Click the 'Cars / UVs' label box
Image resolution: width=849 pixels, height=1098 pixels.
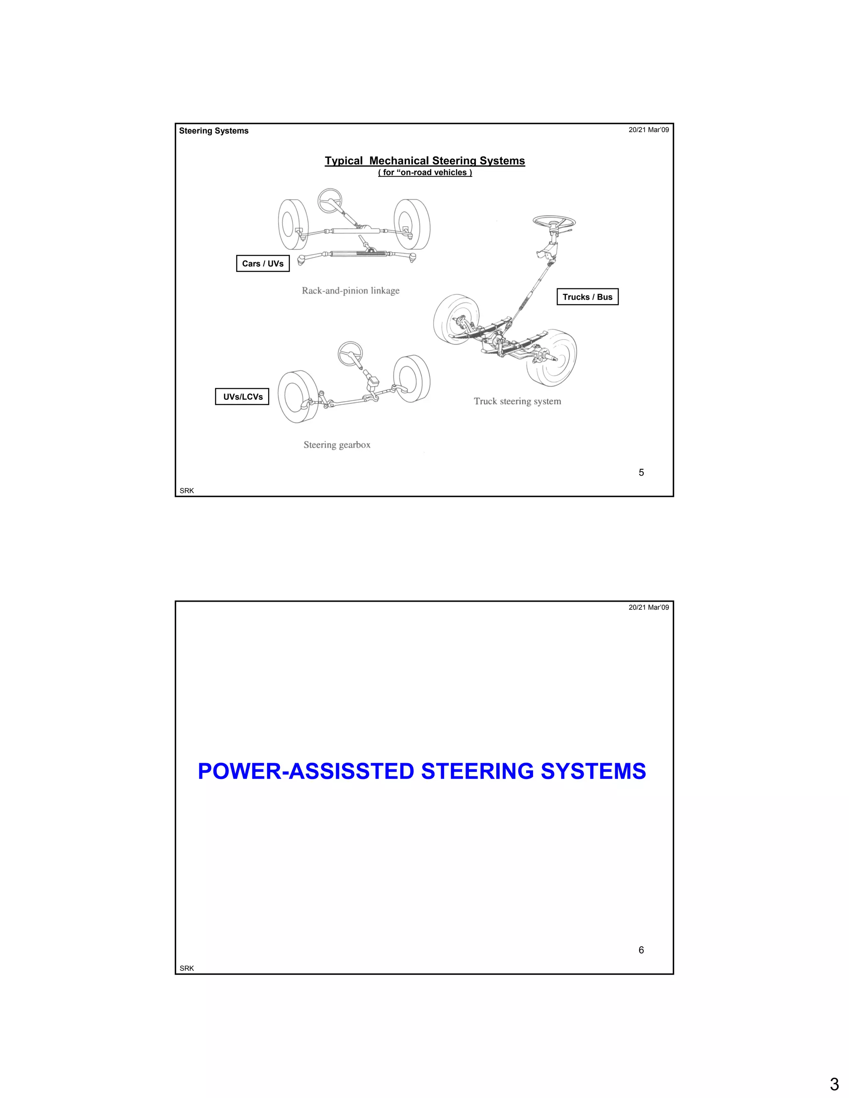262,264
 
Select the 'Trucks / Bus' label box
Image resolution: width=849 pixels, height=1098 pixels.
587,297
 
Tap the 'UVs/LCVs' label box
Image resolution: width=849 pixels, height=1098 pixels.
243,397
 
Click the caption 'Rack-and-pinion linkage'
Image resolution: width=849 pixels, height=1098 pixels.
351,290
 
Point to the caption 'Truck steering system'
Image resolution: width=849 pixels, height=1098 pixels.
517,401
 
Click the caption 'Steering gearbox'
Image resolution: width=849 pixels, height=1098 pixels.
337,445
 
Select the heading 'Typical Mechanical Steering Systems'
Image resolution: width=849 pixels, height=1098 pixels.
424,161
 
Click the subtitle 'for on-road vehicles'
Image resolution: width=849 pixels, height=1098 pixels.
424,172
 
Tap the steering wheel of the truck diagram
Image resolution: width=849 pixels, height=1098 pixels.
554,221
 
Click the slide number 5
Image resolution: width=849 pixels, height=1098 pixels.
641,473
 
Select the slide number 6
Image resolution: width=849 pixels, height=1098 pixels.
641,950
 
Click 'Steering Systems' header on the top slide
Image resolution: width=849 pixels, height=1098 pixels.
214,131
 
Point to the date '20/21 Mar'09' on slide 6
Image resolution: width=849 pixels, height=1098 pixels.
648,607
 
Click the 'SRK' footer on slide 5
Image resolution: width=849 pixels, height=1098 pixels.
187,491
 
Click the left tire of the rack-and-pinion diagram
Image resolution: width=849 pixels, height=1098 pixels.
293,224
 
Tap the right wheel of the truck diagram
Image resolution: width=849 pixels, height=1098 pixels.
552,358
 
